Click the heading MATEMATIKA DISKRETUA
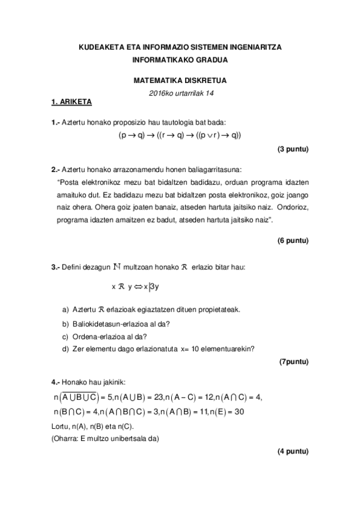(x=180, y=80)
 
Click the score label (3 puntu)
(x=293, y=149)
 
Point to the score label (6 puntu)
(x=293, y=241)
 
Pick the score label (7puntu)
(x=294, y=361)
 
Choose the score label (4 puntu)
(x=293, y=451)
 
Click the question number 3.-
(x=55, y=266)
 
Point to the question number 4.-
(x=55, y=382)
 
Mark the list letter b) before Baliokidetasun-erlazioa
(x=66, y=324)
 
